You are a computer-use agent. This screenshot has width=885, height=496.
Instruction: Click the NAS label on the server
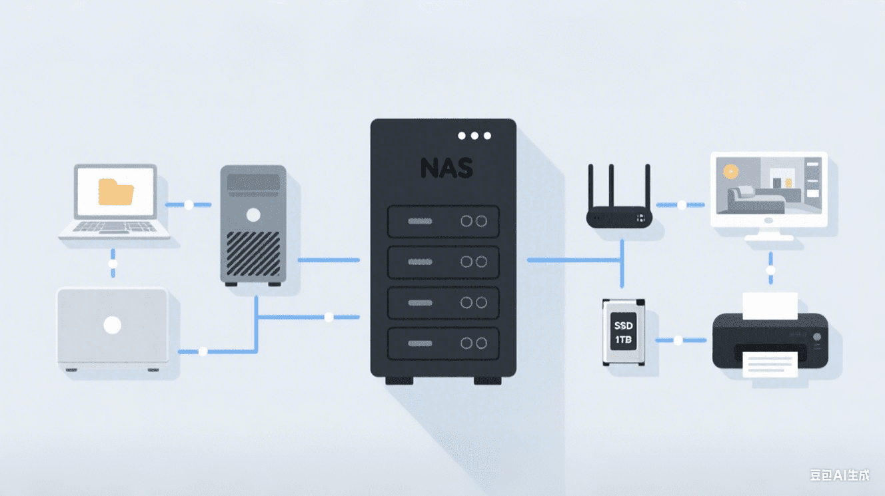[446, 168]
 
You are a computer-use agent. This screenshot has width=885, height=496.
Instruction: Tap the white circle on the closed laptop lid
[113, 325]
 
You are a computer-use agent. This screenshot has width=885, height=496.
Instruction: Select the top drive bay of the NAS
[443, 221]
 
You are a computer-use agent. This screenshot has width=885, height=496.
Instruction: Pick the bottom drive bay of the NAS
[443, 343]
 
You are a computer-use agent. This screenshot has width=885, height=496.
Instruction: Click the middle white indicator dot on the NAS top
[474, 136]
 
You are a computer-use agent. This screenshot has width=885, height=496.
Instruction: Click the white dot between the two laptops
[113, 264]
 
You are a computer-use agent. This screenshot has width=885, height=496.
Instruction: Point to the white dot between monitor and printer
[771, 271]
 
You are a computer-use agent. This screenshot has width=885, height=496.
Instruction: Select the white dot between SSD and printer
[678, 340]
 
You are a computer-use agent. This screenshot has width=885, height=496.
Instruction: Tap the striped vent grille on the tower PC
[253, 253]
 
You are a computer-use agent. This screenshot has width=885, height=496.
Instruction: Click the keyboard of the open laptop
[114, 228]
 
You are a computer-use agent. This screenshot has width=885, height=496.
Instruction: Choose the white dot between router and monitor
[681, 205]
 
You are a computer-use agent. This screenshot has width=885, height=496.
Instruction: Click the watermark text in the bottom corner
[840, 475]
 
